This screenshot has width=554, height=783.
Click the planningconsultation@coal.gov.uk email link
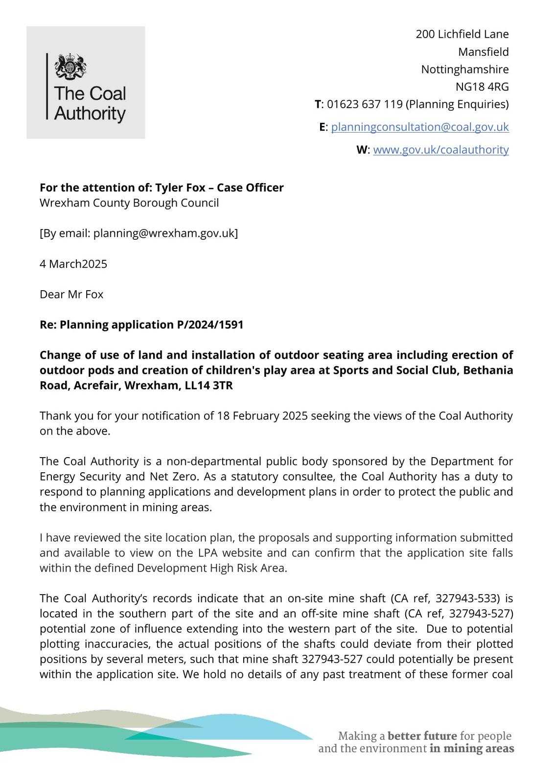[x=420, y=127]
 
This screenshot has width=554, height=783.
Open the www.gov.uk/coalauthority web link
[x=441, y=150]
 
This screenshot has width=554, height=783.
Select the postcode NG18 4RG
[x=482, y=87]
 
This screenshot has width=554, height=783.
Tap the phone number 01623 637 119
[x=365, y=104]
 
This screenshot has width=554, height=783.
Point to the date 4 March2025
[x=73, y=264]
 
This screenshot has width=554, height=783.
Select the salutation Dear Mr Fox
[x=71, y=295]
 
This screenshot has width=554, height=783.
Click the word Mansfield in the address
[x=484, y=52]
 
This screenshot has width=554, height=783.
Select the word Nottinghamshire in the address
[x=465, y=69]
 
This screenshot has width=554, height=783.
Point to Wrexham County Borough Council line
[x=129, y=203]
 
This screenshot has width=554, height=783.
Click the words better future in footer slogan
[x=422, y=736]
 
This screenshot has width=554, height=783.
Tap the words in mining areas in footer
[x=472, y=748]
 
